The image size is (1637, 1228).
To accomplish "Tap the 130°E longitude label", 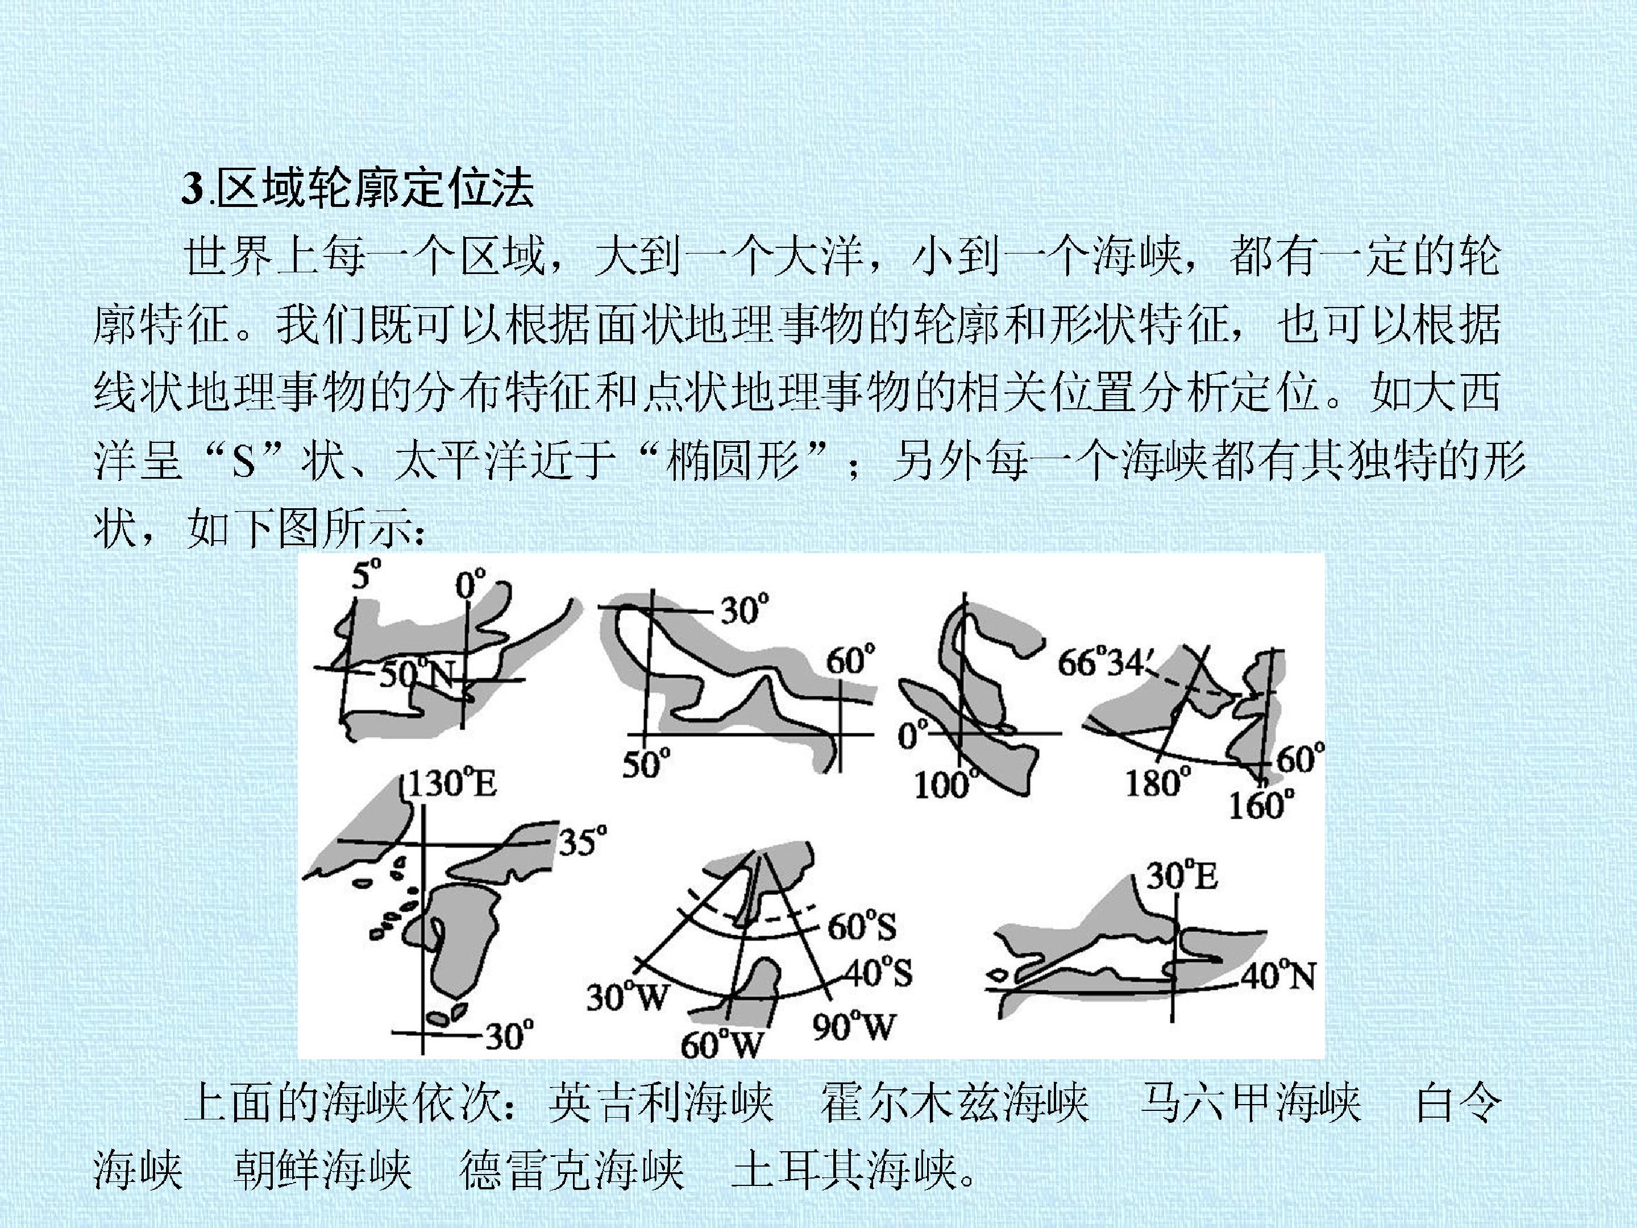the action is click(x=452, y=784).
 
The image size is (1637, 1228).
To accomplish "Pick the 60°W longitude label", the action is click(x=721, y=1044).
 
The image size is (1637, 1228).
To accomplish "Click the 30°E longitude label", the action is click(x=1182, y=877).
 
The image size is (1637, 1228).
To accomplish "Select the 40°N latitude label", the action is click(x=1278, y=976).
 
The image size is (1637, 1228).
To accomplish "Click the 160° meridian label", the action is click(x=1262, y=804).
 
